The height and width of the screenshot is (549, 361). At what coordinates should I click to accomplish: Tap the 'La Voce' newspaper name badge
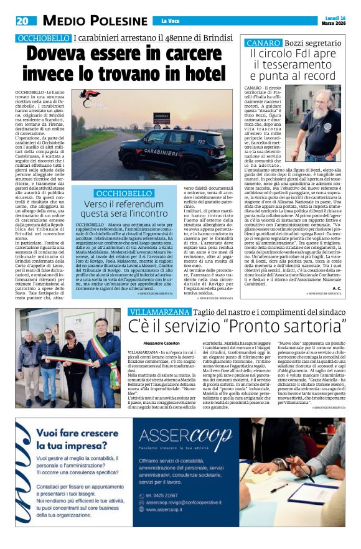pyautogui.click(x=170, y=21)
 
